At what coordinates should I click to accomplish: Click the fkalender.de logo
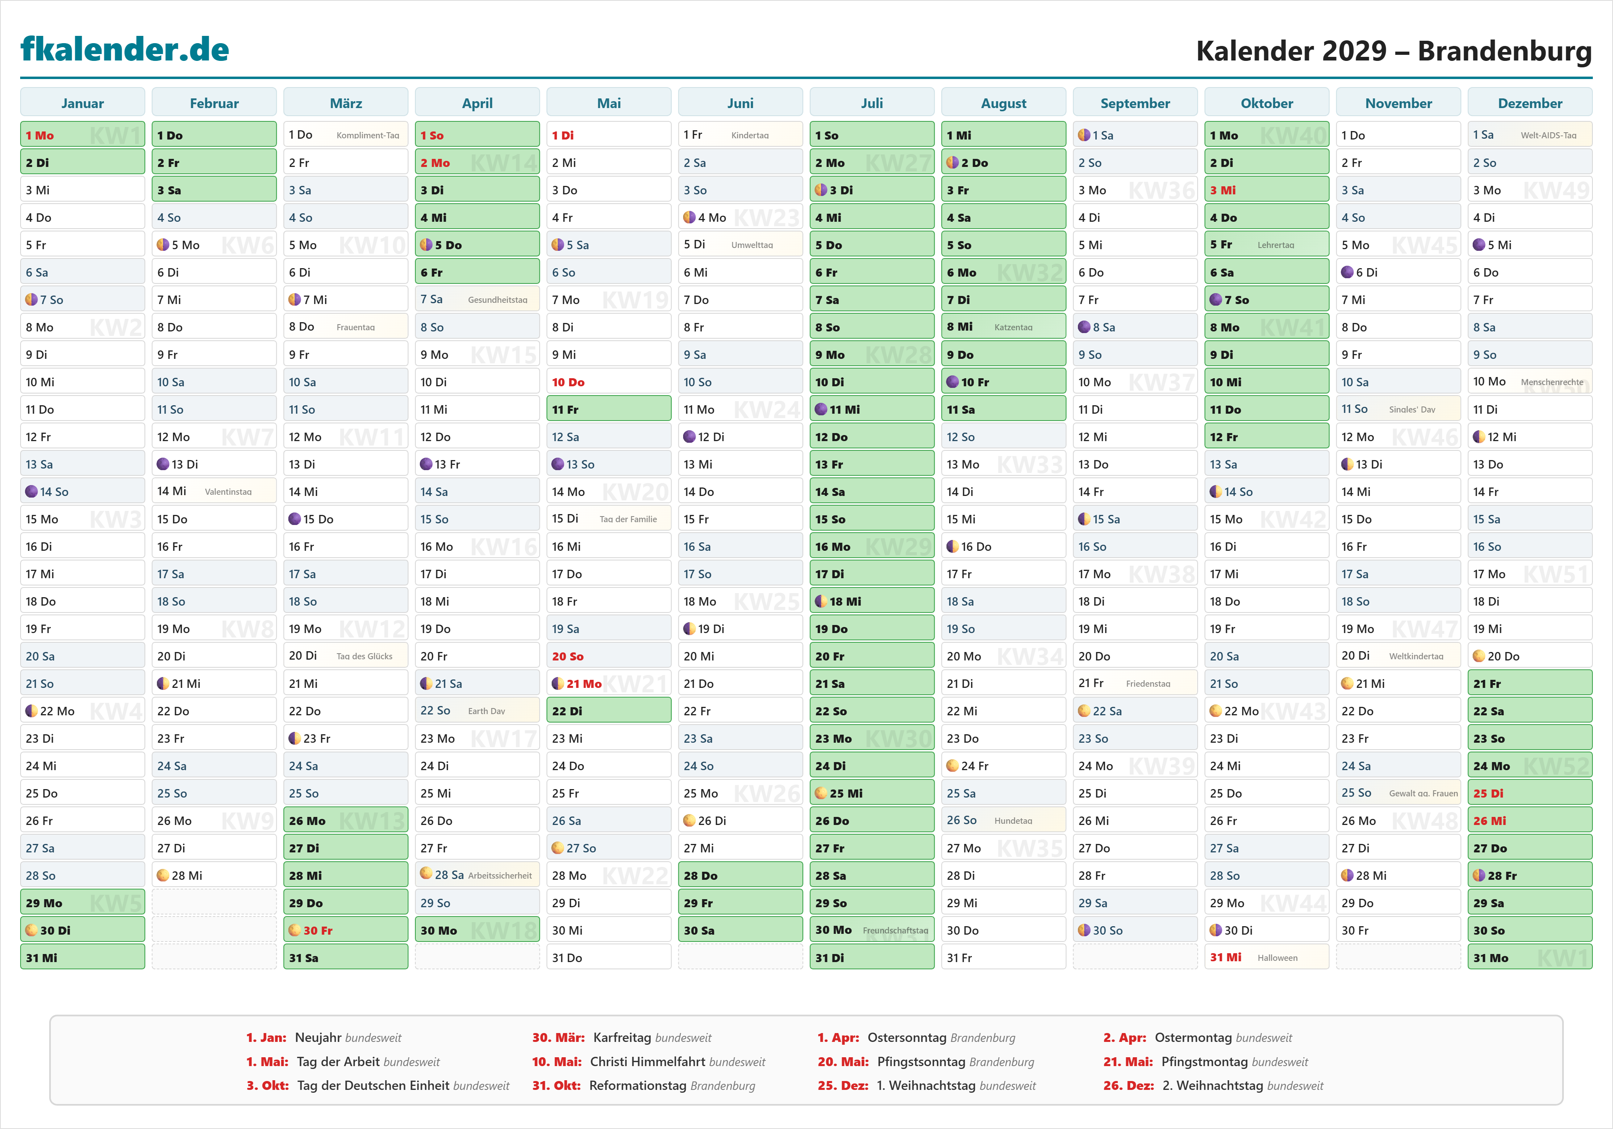125,49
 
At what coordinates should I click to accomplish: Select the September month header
1135,103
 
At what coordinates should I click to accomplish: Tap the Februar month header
214,103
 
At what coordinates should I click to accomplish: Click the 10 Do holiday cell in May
609,382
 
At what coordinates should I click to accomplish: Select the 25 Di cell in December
1530,793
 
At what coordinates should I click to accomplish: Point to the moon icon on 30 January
31,930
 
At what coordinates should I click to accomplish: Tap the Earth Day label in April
486,711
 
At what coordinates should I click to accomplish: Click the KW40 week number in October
1293,135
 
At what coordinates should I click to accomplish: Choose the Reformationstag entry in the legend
643,1085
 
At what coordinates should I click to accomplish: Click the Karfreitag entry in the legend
621,1037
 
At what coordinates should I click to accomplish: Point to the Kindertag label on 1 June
750,135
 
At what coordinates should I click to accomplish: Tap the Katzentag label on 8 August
1013,327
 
